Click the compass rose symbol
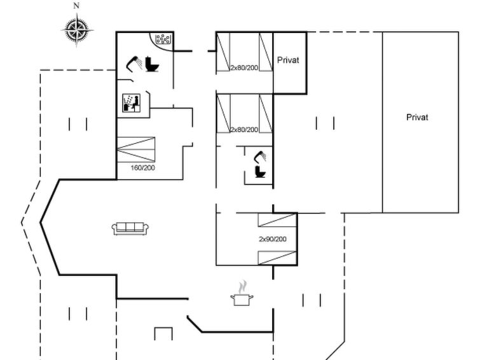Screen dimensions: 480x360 pyautogui.click(x=77, y=30)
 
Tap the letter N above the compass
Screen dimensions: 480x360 pyautogui.click(x=76, y=6)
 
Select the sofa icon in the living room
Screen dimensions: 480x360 pyautogui.click(x=130, y=228)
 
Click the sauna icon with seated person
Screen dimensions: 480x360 pyautogui.click(x=132, y=103)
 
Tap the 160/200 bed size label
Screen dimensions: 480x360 pyautogui.click(x=142, y=168)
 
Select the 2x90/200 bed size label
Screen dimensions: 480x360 pyautogui.click(x=273, y=239)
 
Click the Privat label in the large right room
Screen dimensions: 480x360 pyautogui.click(x=417, y=117)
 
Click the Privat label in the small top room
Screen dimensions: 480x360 pyautogui.click(x=288, y=60)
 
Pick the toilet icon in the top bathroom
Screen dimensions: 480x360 pyautogui.click(x=152, y=64)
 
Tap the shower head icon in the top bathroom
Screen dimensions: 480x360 pyautogui.click(x=134, y=64)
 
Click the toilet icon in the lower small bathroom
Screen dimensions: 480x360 pyautogui.click(x=261, y=171)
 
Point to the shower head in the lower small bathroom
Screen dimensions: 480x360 pyautogui.click(x=260, y=156)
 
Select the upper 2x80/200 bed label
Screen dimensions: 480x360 pyautogui.click(x=244, y=67)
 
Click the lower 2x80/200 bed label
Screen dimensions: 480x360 pyautogui.click(x=244, y=130)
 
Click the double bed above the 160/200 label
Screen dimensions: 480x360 pyautogui.click(x=136, y=149)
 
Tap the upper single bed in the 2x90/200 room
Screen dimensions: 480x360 pyautogui.click(x=277, y=220)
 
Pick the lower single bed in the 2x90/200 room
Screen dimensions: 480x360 pyautogui.click(x=277, y=258)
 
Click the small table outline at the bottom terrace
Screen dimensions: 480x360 pyautogui.click(x=163, y=333)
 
